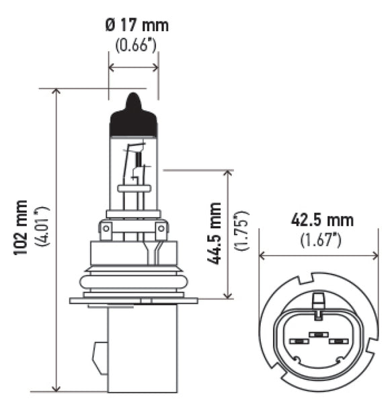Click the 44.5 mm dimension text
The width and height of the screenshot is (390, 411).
point(214,233)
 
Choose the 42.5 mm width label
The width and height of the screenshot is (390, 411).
point(321,220)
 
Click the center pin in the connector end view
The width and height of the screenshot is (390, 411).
point(316,334)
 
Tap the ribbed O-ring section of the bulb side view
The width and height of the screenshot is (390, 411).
point(133,279)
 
